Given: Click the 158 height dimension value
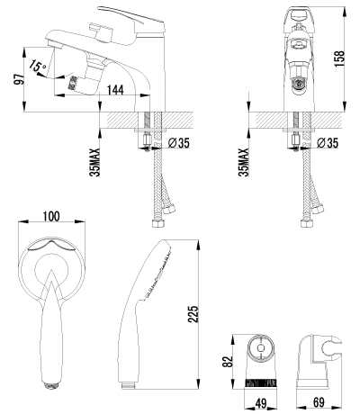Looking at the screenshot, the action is coord(340,58).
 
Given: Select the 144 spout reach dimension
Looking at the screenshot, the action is coord(115,89).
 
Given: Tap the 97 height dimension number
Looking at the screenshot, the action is coord(19,79).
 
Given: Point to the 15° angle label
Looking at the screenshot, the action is coord(37,67).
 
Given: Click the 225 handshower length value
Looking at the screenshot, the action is coord(193,314).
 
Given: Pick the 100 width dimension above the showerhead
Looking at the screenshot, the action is coord(51,216).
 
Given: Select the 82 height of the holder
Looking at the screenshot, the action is coord(229,362).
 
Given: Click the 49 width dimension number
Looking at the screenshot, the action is coord(262,403).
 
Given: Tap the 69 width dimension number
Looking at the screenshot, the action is coord(319,402).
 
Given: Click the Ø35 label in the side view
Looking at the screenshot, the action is coord(179,143).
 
